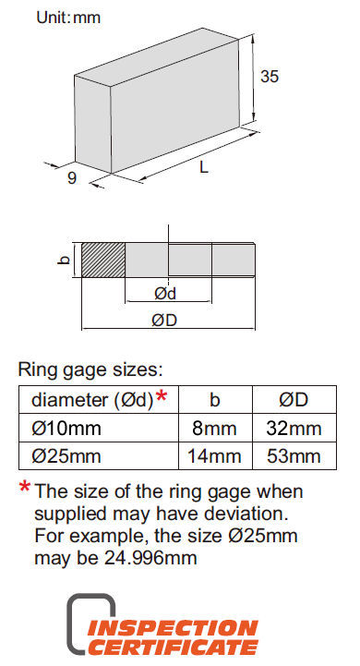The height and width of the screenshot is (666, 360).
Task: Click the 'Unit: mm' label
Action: pyautogui.click(x=68, y=18)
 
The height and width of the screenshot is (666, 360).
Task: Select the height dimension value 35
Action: pyautogui.click(x=270, y=77)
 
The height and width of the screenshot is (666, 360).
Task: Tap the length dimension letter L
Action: pyautogui.click(x=204, y=167)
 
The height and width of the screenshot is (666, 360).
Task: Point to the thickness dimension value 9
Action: pyautogui.click(x=72, y=178)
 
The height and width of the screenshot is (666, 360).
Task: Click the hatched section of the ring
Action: pyautogui.click(x=103, y=260)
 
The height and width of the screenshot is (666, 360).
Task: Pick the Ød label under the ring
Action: pyautogui.click(x=165, y=294)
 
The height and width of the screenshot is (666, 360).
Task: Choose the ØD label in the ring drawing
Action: pyautogui.click(x=164, y=321)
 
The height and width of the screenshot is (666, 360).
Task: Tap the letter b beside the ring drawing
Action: pyautogui.click(x=64, y=260)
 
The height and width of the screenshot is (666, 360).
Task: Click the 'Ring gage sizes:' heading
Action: pyautogui.click(x=90, y=369)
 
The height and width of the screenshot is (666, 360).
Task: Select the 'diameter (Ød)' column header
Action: pyautogui.click(x=92, y=400)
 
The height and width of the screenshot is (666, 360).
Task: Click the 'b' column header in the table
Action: pyautogui.click(x=215, y=400)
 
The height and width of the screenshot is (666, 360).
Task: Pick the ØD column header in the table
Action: pyautogui.click(x=294, y=400)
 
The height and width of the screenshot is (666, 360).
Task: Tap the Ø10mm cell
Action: pyautogui.click(x=66, y=429)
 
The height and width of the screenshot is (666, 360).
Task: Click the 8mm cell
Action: pyautogui.click(x=214, y=429)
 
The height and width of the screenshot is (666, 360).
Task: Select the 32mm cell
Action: pyautogui.click(x=294, y=429)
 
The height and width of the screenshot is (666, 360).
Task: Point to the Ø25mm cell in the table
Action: pyautogui.click(x=66, y=456)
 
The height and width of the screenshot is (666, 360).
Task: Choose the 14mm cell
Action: pyautogui.click(x=214, y=456)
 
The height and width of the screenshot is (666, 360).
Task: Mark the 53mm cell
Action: pyautogui.click(x=294, y=456)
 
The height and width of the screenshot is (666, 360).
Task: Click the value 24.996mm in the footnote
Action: pyautogui.click(x=150, y=558)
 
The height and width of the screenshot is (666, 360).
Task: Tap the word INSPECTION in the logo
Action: pyautogui.click(x=173, y=629)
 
